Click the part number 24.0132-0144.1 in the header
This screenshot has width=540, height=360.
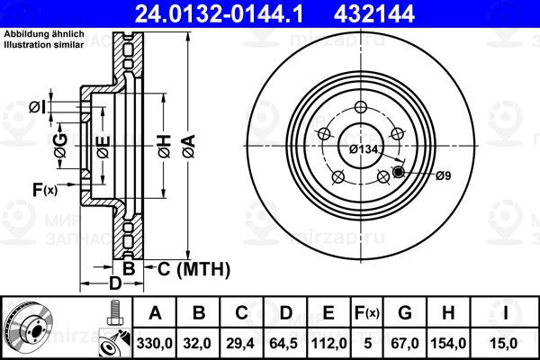point(219,14)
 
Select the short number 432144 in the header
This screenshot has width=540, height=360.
point(374,14)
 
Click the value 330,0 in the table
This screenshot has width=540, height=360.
point(154,344)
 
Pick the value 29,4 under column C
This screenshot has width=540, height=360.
point(240,344)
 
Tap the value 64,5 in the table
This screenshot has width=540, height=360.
point(283,344)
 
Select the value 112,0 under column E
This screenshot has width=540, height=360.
point(328,344)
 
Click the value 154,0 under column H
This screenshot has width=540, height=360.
point(448,344)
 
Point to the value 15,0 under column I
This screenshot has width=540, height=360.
point(505,344)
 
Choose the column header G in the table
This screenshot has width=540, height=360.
point(405,313)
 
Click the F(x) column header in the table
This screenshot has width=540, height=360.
point(367,313)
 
